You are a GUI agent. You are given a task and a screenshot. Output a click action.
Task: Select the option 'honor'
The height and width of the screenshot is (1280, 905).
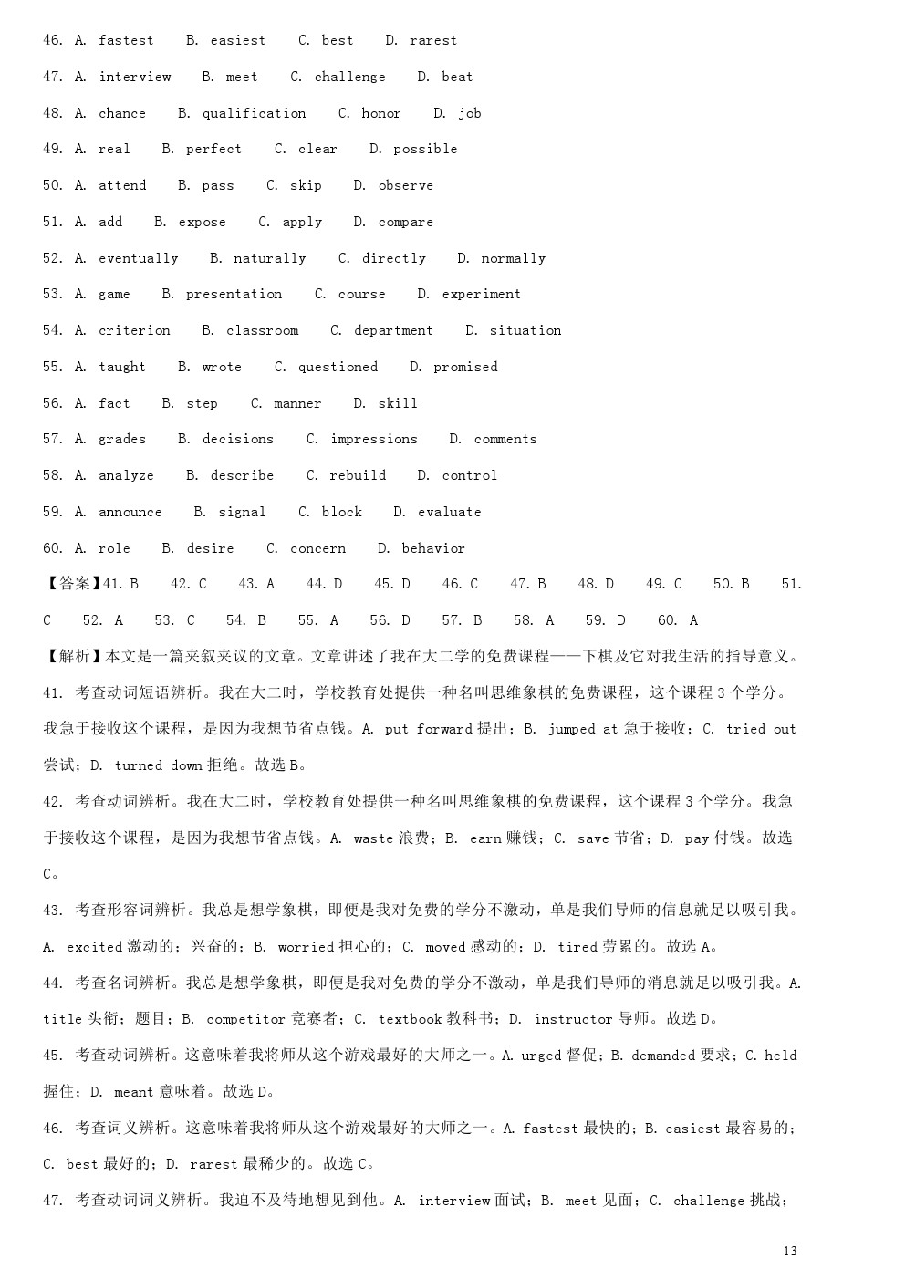(380, 113)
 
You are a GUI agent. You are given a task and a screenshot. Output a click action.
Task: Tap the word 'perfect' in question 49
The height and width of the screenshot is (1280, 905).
(213, 149)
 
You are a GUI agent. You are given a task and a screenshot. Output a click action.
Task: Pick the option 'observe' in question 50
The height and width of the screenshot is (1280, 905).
(405, 185)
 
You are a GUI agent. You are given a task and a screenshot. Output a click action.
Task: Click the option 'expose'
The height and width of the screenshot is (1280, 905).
(202, 222)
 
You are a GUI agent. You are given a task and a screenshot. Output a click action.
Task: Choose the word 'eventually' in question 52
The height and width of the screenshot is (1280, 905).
(138, 258)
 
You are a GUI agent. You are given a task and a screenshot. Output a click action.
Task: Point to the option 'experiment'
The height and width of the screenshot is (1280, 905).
(481, 294)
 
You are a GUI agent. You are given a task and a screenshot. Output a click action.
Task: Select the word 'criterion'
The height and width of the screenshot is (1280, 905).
(134, 330)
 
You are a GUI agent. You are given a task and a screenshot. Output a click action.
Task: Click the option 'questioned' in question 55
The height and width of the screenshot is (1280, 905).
(338, 367)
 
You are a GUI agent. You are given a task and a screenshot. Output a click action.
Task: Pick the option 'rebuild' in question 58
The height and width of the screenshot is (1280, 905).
(358, 475)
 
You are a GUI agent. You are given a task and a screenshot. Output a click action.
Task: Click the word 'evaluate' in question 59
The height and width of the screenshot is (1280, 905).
(449, 512)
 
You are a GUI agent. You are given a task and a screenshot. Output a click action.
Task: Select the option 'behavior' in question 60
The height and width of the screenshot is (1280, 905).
(433, 548)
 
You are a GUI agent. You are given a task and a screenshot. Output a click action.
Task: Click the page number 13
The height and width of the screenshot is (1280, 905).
(790, 1251)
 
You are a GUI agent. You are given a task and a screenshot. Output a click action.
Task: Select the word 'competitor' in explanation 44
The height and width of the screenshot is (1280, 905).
(245, 1019)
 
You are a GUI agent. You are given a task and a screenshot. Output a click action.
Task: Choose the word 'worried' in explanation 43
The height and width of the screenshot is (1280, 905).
(306, 947)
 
